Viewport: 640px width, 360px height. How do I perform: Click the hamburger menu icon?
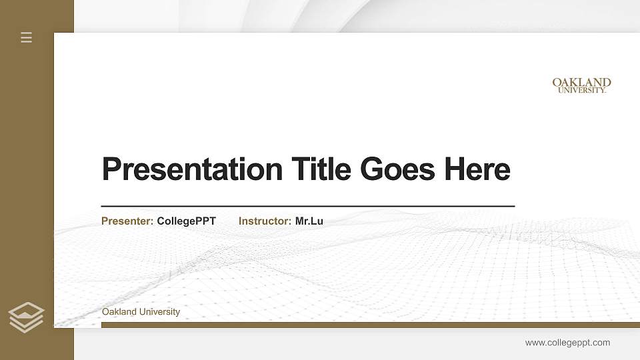[27, 37]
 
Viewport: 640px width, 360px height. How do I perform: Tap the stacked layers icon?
[26, 317]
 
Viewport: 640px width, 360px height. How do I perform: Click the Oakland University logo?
[581, 85]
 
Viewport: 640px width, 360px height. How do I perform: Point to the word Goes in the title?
[398, 169]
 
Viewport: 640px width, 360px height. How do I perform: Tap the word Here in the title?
[477, 169]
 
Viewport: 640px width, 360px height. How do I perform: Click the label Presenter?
[127, 221]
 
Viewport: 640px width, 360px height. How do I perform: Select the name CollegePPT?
[186, 221]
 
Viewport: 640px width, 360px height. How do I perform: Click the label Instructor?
[265, 221]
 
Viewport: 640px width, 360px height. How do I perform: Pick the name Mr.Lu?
[309, 221]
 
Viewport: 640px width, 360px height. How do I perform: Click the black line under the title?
[307, 207]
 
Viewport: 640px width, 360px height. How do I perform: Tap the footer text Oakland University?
[141, 312]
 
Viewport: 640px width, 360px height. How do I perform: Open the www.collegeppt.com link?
[567, 343]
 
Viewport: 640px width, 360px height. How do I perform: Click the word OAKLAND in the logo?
[581, 83]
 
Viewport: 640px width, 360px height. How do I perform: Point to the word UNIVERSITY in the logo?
[581, 90]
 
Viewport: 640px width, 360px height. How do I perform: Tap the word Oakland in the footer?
[119, 312]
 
